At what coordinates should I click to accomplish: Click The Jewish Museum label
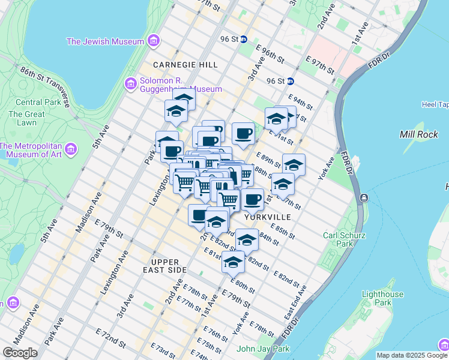pos(105,41)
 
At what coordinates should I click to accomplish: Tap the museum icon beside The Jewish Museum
pos(154,41)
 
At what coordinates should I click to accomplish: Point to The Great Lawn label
pos(26,118)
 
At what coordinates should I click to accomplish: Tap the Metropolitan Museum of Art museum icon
pos(71,148)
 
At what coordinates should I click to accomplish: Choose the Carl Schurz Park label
pos(344,239)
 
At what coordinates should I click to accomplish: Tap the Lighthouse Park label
pos(383,299)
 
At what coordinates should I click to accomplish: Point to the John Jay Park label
pos(263,349)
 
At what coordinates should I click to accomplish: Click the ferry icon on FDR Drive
pos(364,197)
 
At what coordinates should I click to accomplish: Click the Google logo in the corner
pos(19,353)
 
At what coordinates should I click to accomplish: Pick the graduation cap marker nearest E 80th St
pos(234,262)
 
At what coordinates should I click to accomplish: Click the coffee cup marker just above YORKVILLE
pos(253,199)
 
